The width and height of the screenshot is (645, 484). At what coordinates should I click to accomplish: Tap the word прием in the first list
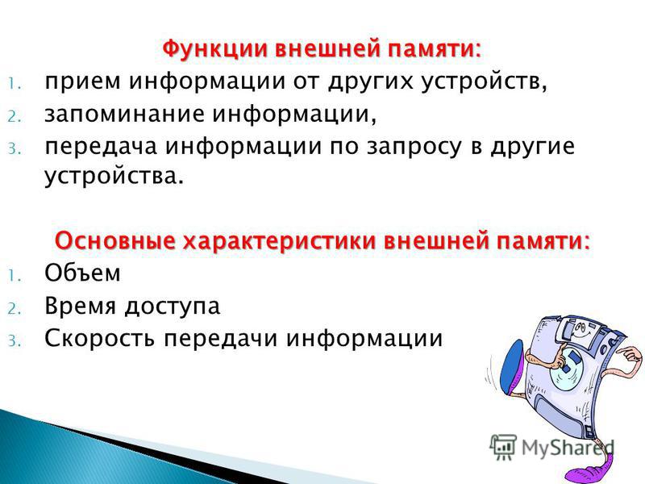click(x=83, y=82)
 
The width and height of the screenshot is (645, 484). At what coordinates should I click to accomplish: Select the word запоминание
click(x=124, y=115)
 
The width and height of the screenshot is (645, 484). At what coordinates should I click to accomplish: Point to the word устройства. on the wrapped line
click(x=114, y=177)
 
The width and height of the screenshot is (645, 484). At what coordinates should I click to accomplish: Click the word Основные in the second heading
click(x=114, y=240)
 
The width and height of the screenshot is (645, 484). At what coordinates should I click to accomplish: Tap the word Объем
click(x=82, y=273)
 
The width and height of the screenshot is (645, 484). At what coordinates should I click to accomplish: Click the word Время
click(x=80, y=307)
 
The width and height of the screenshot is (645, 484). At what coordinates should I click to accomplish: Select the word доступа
click(x=173, y=307)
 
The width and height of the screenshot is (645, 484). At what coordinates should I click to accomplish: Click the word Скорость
click(x=99, y=339)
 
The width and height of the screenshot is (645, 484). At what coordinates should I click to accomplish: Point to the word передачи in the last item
click(x=220, y=340)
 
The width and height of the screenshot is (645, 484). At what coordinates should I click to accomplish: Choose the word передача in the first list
click(x=101, y=148)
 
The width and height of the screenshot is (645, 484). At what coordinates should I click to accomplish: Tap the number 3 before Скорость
click(x=13, y=341)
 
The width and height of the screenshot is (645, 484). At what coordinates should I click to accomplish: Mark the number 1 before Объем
click(x=13, y=276)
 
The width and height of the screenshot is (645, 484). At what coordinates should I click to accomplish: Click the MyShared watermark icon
click(x=502, y=447)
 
